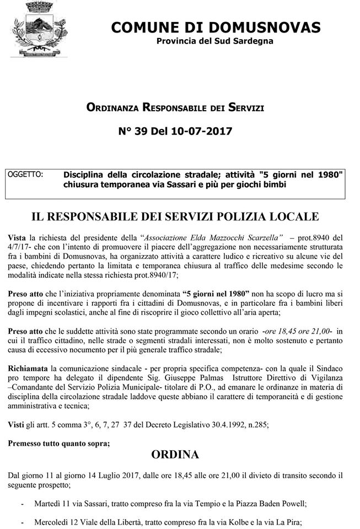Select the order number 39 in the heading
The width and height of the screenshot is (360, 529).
[144, 131]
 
